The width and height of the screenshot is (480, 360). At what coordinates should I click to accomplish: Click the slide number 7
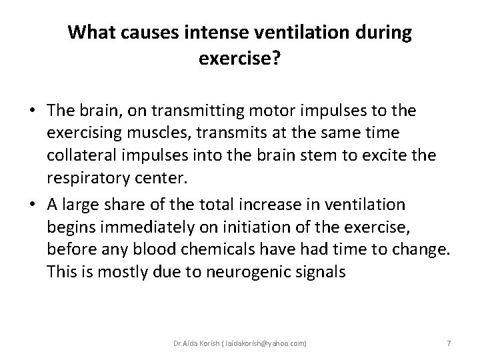click(x=449, y=343)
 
